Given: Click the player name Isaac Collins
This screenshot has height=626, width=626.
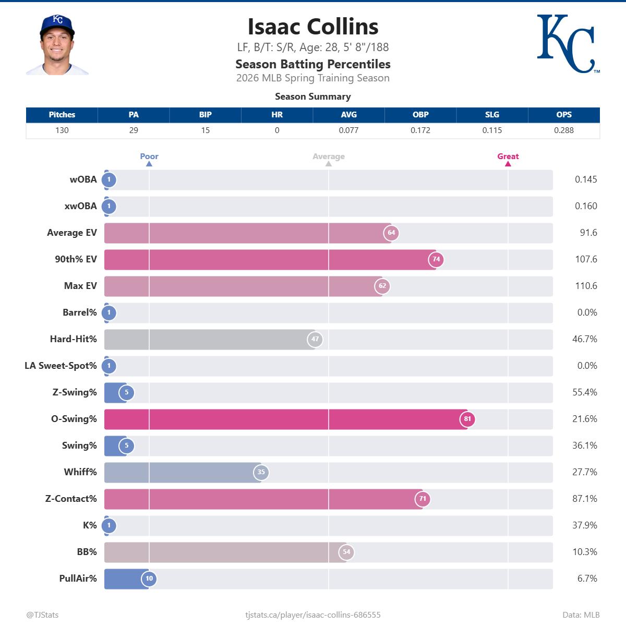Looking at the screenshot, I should point(313,27).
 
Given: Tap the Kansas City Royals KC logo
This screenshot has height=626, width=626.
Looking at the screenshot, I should point(567,44).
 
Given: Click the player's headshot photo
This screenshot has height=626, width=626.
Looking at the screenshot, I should point(57,45).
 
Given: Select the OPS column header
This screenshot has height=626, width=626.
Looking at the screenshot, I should point(563,115).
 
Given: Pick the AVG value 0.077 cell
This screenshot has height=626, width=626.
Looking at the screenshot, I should point(348,130).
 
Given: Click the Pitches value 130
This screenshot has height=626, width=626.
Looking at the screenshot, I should point(62,130).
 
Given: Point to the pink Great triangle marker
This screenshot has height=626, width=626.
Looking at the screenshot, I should point(508,164).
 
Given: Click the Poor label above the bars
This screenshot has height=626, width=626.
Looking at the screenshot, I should point(149,156).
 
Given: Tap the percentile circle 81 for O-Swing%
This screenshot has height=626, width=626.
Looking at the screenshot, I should point(467,419).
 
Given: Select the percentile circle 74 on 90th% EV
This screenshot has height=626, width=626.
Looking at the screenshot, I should point(436,259).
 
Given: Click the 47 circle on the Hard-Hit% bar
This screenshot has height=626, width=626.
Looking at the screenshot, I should point(315,339).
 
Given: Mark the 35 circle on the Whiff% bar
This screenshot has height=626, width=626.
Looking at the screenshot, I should point(261,472).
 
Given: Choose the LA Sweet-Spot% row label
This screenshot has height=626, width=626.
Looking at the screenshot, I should point(61,366).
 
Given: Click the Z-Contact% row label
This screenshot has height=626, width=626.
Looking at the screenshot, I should point(71,499).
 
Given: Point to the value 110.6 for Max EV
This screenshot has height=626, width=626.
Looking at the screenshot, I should point(586,286).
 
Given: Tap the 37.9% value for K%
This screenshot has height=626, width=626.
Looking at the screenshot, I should point(585,525).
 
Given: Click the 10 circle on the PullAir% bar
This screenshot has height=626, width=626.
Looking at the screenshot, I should point(149,579).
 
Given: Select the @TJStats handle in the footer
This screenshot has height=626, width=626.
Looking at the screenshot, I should point(43,615).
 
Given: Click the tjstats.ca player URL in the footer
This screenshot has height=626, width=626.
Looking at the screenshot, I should point(313,615).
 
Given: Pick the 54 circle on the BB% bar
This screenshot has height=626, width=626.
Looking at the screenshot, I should point(346,552).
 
